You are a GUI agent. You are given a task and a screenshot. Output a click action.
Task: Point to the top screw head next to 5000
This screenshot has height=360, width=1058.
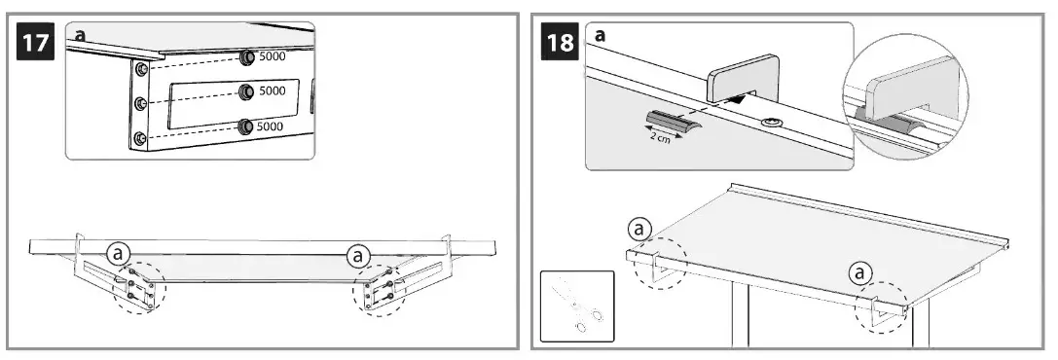tap(247, 57)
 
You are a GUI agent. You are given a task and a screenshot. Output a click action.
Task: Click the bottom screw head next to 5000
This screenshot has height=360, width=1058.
tap(247, 126)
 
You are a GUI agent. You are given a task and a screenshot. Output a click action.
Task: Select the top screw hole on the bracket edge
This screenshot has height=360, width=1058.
tap(143, 69)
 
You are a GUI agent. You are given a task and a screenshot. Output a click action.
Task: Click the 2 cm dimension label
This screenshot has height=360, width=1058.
tap(661, 137)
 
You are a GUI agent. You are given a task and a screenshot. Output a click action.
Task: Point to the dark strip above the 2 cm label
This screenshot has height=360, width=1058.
tap(670, 120)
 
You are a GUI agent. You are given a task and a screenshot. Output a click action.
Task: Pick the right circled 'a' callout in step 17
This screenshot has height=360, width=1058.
tap(359, 255)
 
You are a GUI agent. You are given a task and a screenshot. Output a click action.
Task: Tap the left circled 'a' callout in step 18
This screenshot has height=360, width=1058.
tap(638, 230)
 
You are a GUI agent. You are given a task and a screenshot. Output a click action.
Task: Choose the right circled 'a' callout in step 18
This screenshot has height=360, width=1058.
tap(860, 273)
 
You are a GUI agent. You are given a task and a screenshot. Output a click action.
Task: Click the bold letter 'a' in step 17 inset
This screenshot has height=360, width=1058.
tap(81, 35)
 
